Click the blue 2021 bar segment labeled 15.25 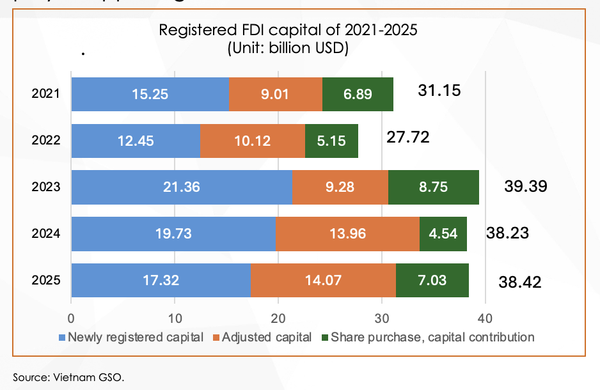tap(150, 95)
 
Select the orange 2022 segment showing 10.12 tap(253, 141)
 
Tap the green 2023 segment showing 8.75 tap(433, 187)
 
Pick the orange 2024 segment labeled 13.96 tap(347, 234)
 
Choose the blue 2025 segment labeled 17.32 tap(161, 280)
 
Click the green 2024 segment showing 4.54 tap(443, 234)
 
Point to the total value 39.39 tap(526, 187)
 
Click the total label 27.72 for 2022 tap(408, 137)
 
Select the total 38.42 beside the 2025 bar tap(519, 281)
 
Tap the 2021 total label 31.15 tap(439, 91)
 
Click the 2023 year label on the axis tap(46, 187)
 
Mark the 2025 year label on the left tap(46, 280)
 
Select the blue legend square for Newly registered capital tap(62, 337)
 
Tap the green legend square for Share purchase tap(325, 337)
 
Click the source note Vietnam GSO tap(68, 377)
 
